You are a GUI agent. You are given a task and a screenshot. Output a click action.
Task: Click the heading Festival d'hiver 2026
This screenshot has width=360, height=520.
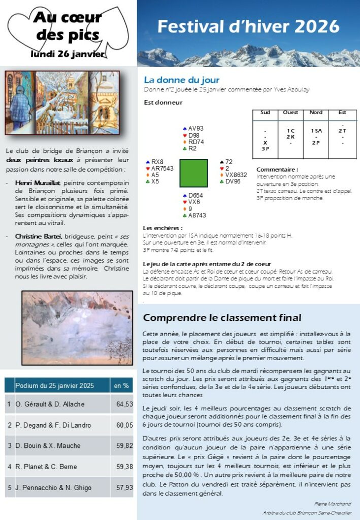tap(248, 26)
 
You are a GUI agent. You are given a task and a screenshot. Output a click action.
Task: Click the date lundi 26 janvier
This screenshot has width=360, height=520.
tap(68, 53)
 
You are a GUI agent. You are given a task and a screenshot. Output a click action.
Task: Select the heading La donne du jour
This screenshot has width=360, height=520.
tap(181, 80)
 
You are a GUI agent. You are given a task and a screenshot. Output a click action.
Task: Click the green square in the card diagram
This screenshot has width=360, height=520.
tap(193, 173)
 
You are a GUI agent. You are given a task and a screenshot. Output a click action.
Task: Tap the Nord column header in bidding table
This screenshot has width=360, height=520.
tap(316, 112)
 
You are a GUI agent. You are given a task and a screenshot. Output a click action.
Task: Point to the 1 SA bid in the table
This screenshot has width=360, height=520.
tap(316, 131)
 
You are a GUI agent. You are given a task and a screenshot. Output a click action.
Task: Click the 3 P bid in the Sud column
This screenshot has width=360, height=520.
tap(265, 149)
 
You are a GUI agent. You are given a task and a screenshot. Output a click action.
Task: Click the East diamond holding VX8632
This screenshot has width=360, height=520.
tap(234, 175)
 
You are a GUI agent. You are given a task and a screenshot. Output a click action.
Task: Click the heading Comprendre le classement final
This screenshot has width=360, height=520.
tap(222, 318)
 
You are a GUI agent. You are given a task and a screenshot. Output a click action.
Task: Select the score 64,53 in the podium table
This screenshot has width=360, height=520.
tap(124, 404)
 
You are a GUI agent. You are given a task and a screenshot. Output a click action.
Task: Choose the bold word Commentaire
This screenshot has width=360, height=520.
tap(277, 170)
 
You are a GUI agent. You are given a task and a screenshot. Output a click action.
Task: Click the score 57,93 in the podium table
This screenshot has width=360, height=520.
tap(124, 487)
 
